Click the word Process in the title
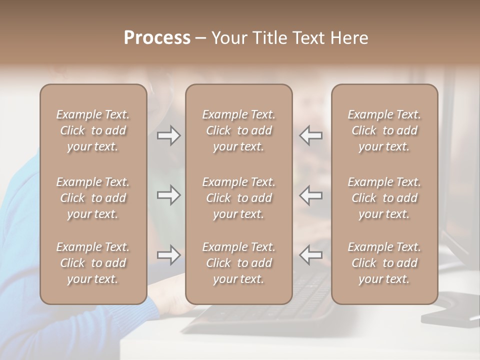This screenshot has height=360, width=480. point(157,38)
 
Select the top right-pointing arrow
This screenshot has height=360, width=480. point(168,135)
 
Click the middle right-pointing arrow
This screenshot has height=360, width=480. point(168,195)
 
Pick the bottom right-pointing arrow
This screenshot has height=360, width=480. point(168,255)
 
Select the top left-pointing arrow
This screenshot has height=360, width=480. point(311,135)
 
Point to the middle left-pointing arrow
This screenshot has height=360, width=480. point(311,195)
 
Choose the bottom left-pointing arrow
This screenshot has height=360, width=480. point(311,255)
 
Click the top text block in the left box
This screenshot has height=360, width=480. point(93,130)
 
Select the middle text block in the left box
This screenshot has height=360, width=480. point(93,198)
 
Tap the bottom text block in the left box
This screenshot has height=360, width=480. point(93,263)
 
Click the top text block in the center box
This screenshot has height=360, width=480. point(239,130)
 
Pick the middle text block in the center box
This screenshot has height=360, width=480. point(239,198)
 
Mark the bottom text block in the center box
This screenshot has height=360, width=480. point(239,263)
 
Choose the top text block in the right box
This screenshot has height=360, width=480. point(384,130)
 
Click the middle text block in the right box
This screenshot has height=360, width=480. point(384,198)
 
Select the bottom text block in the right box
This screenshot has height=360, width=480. point(384,263)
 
